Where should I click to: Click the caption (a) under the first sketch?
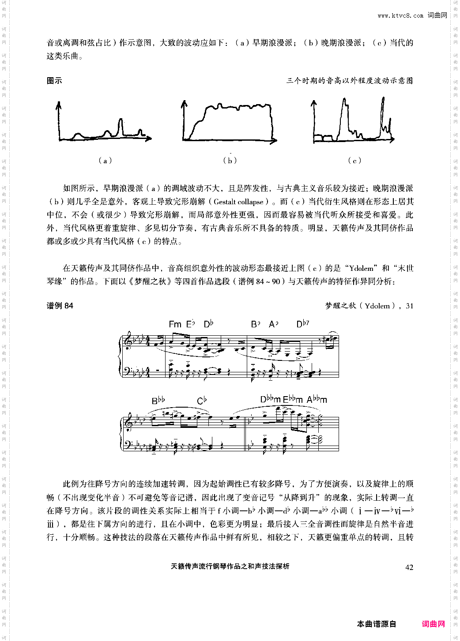click(x=105, y=161)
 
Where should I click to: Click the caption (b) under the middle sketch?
click(x=230, y=161)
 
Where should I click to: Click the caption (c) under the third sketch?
click(x=354, y=161)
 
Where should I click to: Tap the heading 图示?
click(x=54, y=81)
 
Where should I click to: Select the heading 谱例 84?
click(x=60, y=306)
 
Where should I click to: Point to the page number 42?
click(x=409, y=567)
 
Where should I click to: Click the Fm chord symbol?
click(x=175, y=324)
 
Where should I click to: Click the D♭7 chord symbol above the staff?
click(x=302, y=324)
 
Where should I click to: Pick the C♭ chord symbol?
click(x=202, y=401)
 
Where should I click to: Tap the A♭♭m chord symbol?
click(x=317, y=400)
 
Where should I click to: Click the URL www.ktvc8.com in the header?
click(x=400, y=16)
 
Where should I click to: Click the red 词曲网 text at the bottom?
click(x=433, y=624)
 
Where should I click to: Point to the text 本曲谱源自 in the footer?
click(x=377, y=624)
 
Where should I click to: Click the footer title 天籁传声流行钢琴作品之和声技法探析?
click(x=230, y=566)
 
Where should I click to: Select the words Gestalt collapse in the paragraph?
click(x=238, y=202)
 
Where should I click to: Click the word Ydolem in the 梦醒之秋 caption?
click(x=377, y=306)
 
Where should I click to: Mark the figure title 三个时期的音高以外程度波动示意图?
click(x=350, y=81)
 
